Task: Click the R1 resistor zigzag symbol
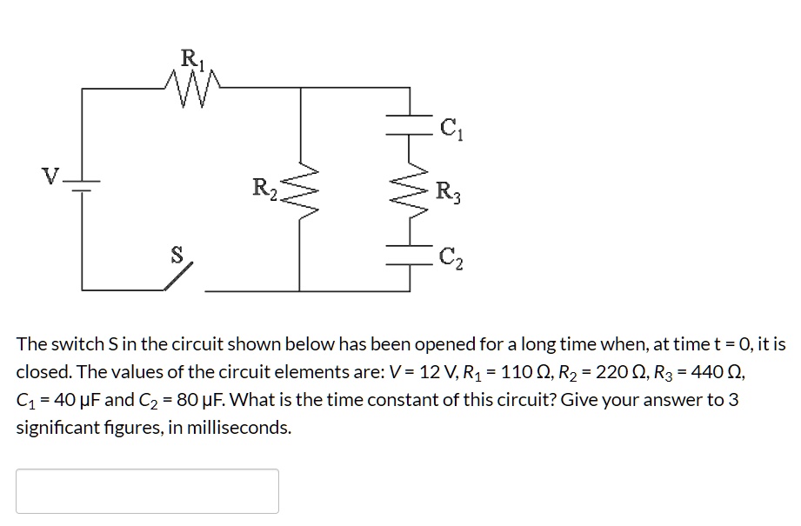(193, 87)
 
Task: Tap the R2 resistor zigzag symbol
(300, 190)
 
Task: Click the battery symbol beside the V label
(83, 185)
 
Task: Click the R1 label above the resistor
(189, 60)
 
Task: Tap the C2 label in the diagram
(451, 257)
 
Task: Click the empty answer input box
(147, 491)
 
